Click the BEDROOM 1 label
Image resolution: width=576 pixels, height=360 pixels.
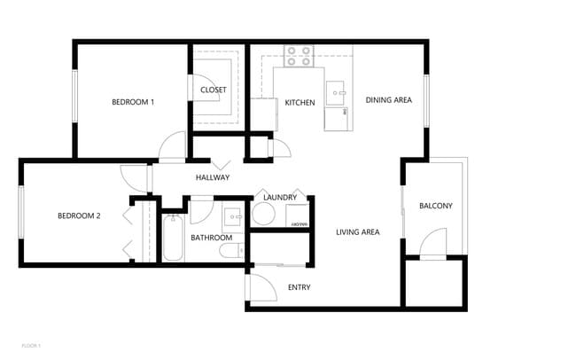(x=133, y=102)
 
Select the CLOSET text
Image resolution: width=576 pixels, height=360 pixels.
(x=213, y=90)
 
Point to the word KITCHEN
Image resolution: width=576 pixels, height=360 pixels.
(x=300, y=103)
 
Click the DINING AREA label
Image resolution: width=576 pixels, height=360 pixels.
(x=389, y=100)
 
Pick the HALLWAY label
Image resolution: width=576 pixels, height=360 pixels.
(x=213, y=178)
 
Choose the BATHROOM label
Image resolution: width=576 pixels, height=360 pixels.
(x=211, y=238)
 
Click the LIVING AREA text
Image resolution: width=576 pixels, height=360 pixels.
(x=358, y=232)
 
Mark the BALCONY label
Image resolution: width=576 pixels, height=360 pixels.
(x=435, y=207)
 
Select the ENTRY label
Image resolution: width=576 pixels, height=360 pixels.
(x=300, y=287)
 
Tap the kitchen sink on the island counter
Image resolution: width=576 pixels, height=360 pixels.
(x=336, y=90)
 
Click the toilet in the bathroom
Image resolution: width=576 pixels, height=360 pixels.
(x=229, y=252)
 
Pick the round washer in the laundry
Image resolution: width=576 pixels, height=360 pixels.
(x=264, y=214)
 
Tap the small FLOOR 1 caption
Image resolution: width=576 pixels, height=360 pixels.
(x=31, y=344)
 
